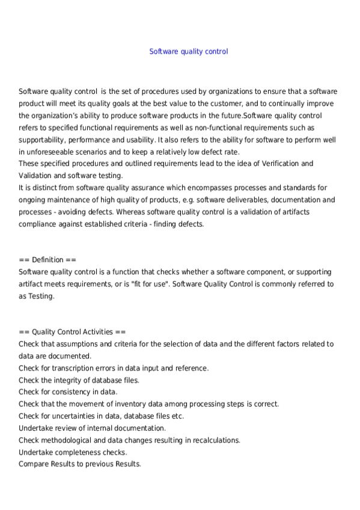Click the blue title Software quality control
tap(188, 52)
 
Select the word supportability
tap(41, 140)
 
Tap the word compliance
tap(38, 224)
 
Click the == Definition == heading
tap(47, 260)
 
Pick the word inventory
tap(139, 404)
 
